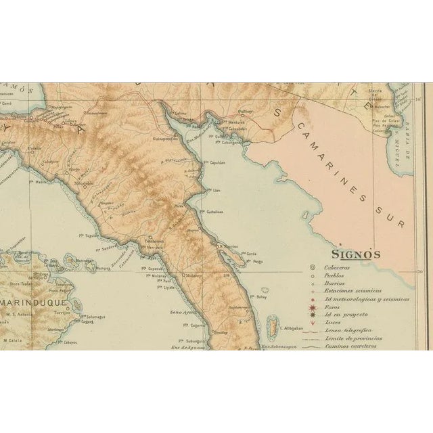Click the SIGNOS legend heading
[355, 254]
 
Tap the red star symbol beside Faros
[313, 307]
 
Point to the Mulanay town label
[195, 276]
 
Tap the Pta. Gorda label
[250, 254]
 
